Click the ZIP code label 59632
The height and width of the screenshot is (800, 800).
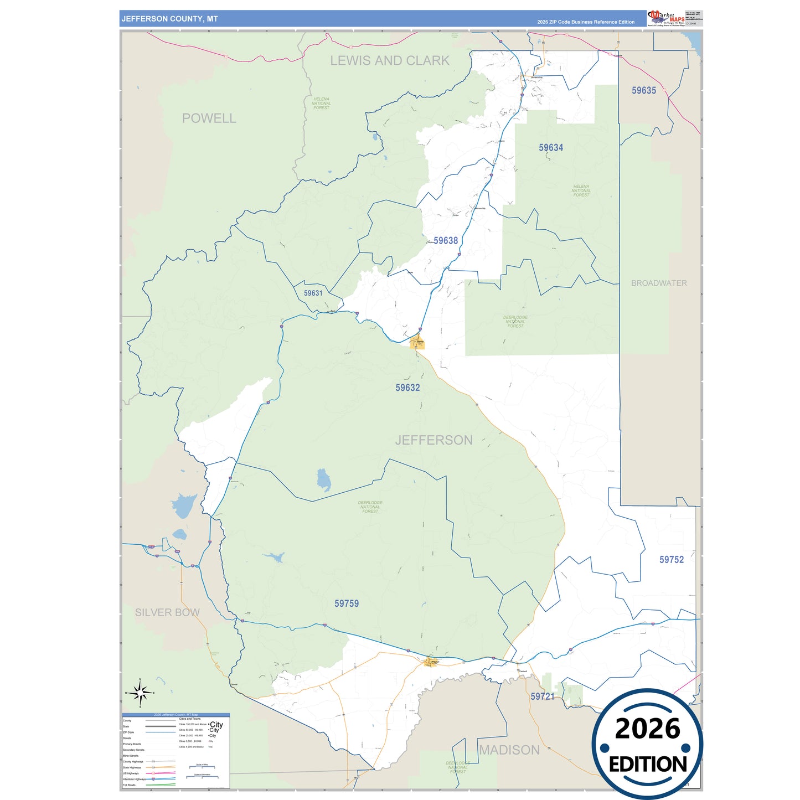(x=407, y=388)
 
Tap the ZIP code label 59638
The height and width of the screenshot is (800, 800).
(x=446, y=240)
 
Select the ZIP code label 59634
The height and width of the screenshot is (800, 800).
(x=551, y=147)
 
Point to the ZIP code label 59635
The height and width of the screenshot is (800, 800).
(x=644, y=90)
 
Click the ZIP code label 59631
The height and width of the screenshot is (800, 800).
(x=313, y=293)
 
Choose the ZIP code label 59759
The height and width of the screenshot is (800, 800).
(x=347, y=603)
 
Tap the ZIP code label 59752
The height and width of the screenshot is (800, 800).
(x=672, y=560)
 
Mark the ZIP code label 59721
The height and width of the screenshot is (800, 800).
(x=542, y=696)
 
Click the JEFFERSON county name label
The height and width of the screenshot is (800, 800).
(x=434, y=440)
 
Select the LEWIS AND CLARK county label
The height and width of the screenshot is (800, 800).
(x=390, y=61)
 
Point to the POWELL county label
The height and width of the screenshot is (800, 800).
(x=209, y=118)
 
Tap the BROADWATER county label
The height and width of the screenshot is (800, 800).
(x=659, y=283)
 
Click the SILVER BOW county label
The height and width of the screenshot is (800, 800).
(x=167, y=612)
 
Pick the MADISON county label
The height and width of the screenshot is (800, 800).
(x=509, y=750)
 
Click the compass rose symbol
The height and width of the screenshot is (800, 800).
(x=140, y=692)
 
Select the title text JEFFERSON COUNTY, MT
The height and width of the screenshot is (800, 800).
(x=169, y=19)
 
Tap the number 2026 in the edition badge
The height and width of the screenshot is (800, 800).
(x=647, y=729)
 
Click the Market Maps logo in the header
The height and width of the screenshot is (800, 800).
(x=666, y=18)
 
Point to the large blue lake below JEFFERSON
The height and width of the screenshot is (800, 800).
(x=323, y=480)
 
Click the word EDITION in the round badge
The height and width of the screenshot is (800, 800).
(x=648, y=765)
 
